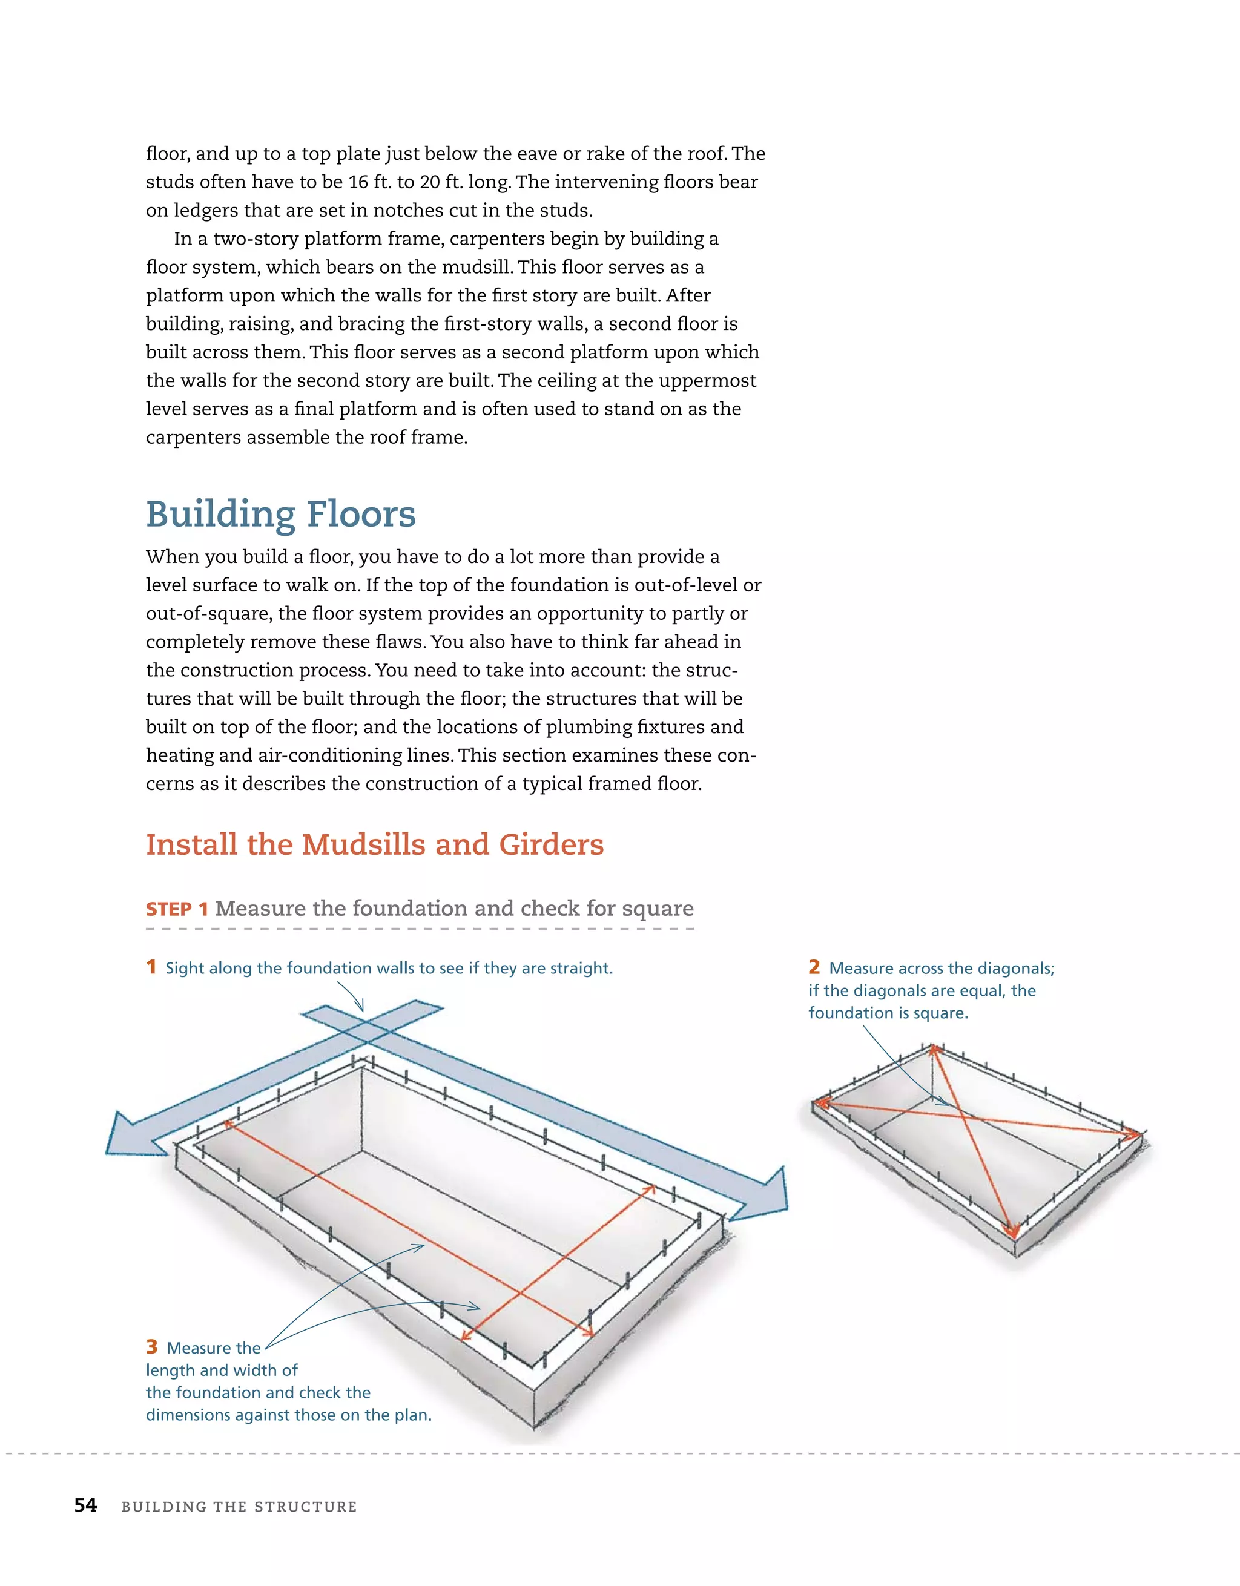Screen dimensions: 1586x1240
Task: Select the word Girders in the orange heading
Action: click(x=552, y=844)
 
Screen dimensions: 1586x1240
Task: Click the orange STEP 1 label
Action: click(x=177, y=909)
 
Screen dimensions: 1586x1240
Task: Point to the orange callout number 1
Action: click(x=151, y=967)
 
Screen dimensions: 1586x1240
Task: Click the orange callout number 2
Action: click(x=814, y=967)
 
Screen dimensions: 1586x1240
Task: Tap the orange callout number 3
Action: click(x=151, y=1347)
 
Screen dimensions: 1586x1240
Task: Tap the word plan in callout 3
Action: click(x=414, y=1415)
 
